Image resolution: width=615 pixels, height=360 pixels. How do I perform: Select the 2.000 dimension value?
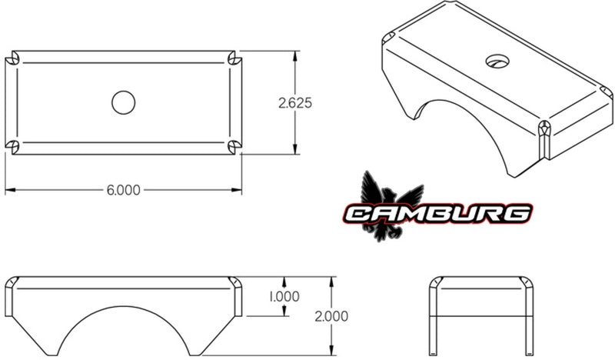331,315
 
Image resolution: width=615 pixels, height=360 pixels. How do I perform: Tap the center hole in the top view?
123,102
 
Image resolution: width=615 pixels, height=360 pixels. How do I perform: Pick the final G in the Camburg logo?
517,213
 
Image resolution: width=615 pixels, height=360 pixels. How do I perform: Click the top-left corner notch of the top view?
12,59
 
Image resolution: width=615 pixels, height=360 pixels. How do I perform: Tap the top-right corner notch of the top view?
235,59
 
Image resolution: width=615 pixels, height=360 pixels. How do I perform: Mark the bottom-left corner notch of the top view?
12,146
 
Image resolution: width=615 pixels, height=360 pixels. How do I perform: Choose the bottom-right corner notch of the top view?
235,146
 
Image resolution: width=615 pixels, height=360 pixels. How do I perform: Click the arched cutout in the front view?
123,331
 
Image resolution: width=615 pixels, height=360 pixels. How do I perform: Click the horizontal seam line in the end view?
481,317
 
